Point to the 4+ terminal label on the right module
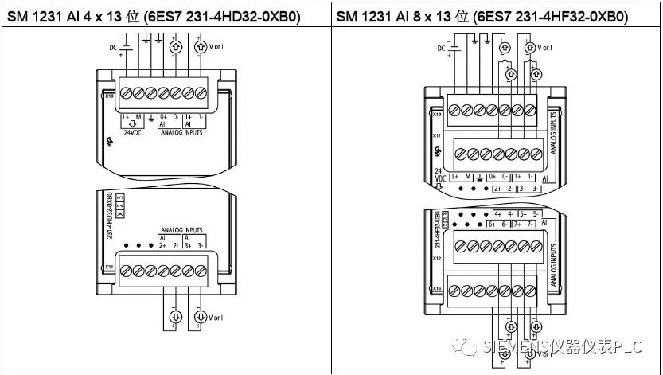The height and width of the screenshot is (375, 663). [499, 213]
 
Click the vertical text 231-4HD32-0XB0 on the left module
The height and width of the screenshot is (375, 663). [110, 215]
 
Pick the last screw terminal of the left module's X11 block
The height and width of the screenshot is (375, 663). [204, 273]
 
